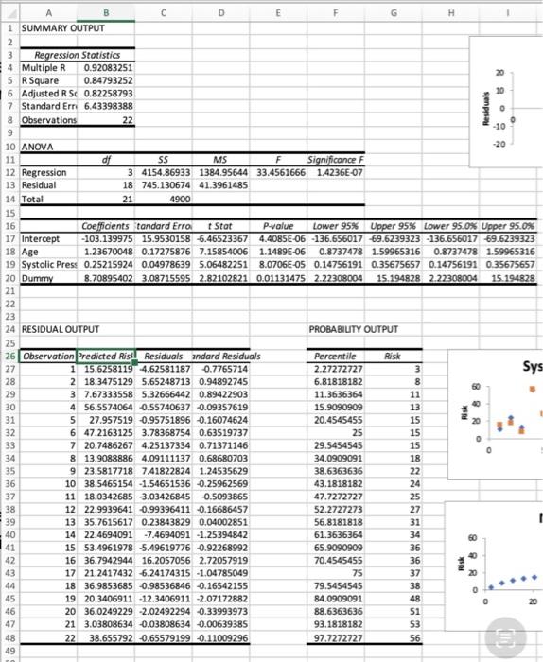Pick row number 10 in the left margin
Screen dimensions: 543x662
pyautogui.click(x=7, y=148)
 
